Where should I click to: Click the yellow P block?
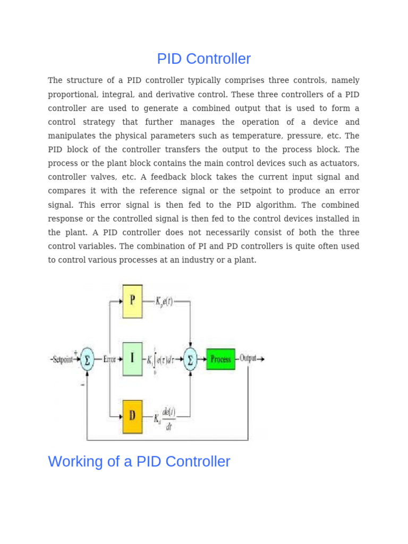click(x=132, y=301)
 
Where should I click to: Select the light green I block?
click(x=132, y=359)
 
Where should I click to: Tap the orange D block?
click(x=132, y=417)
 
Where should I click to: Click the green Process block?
click(x=220, y=359)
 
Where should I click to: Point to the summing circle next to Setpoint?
click(x=87, y=360)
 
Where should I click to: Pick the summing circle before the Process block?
click(x=190, y=359)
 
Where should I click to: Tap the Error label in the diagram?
click(x=109, y=360)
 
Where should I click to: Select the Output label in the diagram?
click(x=248, y=359)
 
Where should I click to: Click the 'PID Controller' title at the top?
click(x=203, y=59)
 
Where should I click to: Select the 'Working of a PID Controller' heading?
click(x=139, y=462)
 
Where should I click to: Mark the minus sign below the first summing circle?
click(x=82, y=385)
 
